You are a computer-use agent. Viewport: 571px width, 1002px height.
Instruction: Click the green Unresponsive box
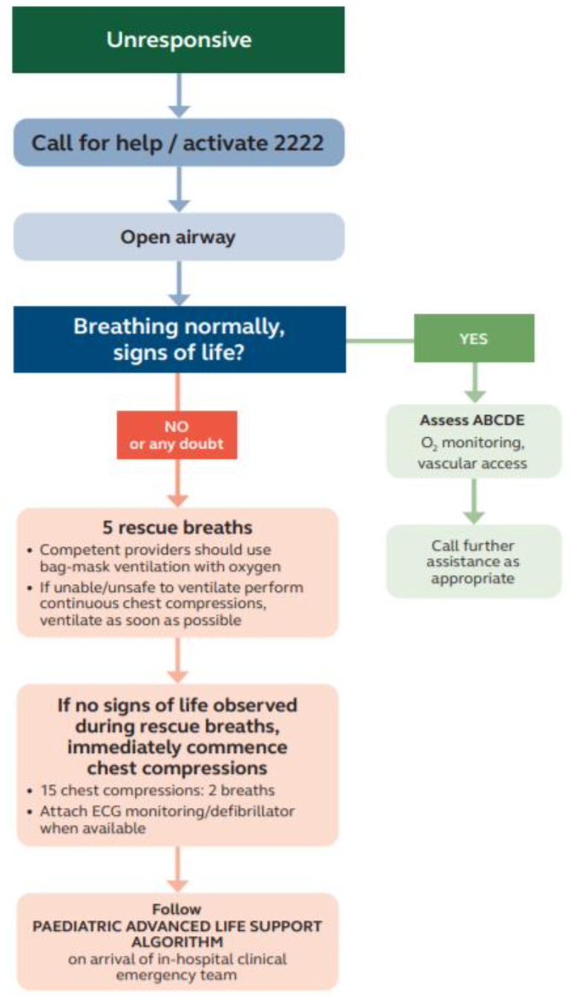[179, 40]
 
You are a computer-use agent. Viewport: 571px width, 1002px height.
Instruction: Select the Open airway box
[179, 237]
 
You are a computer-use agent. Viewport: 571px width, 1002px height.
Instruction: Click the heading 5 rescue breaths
[178, 528]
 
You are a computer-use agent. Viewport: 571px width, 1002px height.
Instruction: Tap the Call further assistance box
[474, 561]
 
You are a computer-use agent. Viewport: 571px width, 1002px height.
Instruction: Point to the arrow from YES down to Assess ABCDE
[474, 383]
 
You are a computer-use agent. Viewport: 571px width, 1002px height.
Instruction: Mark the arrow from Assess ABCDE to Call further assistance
[474, 500]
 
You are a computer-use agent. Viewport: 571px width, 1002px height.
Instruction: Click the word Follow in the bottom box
[177, 909]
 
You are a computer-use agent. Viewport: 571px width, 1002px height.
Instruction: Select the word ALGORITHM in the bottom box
[177, 941]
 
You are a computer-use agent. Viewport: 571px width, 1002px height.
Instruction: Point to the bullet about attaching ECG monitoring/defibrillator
[167, 819]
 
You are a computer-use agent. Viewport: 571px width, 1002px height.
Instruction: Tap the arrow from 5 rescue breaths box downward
[178, 660]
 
